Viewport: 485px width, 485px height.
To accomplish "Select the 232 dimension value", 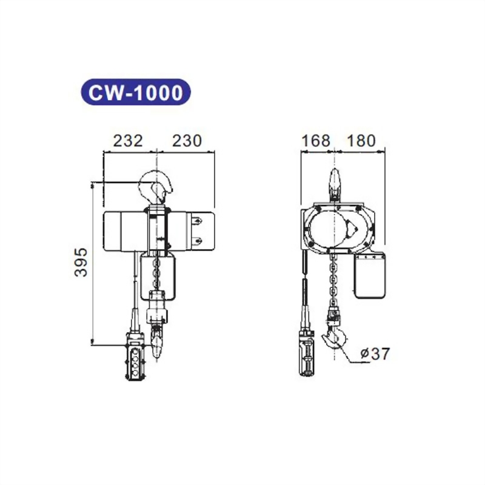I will [x=129, y=141].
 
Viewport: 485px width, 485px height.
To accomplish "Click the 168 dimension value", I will [x=316, y=141].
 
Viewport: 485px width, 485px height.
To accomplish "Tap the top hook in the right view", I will [x=333, y=184].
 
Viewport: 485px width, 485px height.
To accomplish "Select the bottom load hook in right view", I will [x=335, y=338].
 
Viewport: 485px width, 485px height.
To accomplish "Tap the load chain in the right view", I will [x=333, y=279].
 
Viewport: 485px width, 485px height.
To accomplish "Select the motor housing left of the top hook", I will [x=124, y=230].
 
